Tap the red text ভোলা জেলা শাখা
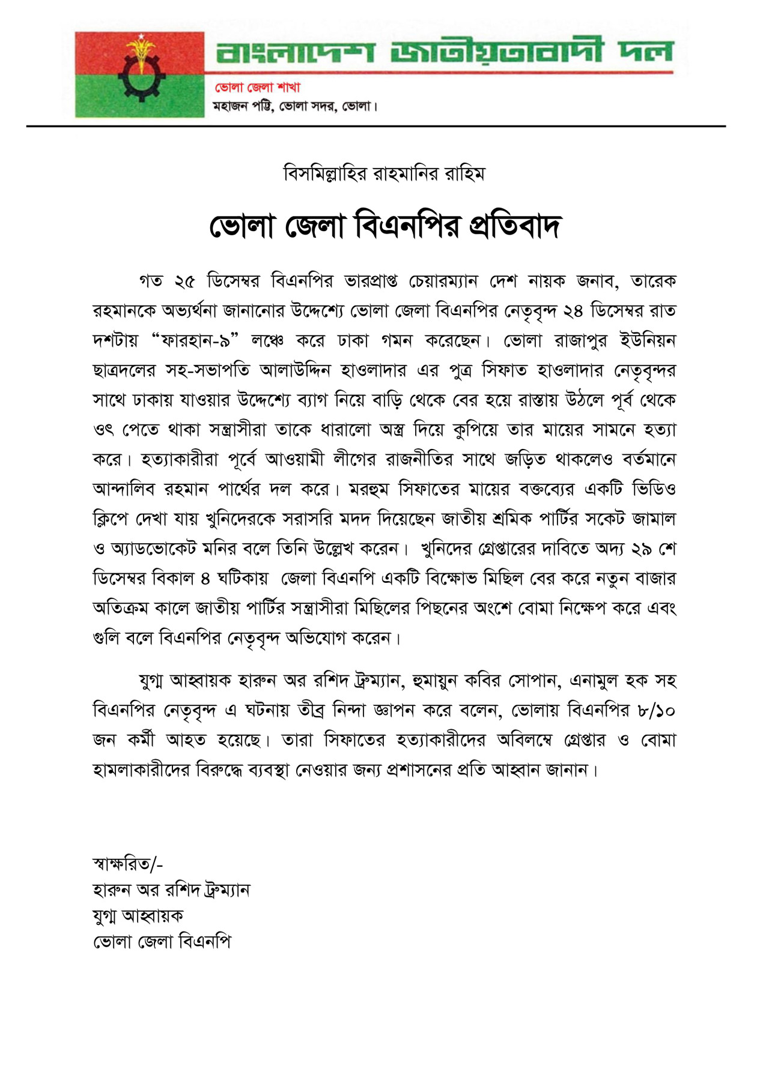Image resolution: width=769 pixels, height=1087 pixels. (x=258, y=88)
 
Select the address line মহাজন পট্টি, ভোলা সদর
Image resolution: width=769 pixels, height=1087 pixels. (x=295, y=106)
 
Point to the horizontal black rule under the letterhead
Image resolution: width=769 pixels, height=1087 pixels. (x=376, y=126)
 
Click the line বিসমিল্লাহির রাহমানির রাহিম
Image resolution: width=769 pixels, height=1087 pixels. (x=384, y=174)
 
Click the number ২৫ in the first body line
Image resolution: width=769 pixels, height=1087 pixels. (x=185, y=281)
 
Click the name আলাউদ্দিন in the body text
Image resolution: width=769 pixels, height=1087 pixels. (x=296, y=370)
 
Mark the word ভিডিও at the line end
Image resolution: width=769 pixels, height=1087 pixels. (x=654, y=489)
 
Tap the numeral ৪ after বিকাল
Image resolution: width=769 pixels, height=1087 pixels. (x=205, y=579)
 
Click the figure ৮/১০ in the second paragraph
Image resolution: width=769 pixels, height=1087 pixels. (x=657, y=711)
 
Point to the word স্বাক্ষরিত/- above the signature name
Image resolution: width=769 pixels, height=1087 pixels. (x=127, y=864)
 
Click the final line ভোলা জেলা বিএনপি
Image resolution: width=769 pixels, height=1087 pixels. (x=162, y=941)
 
